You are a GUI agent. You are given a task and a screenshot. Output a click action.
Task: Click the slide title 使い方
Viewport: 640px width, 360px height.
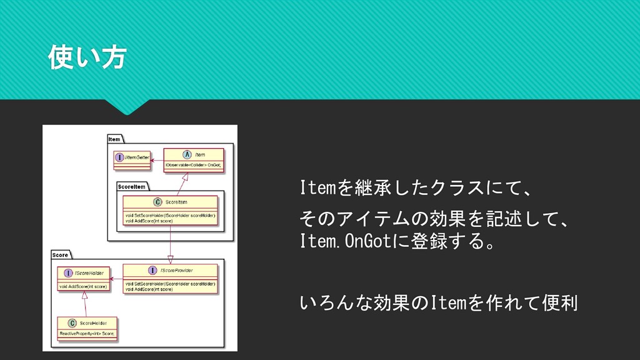coord(87,58)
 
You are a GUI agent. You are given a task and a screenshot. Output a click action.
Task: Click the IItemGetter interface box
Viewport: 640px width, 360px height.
coord(132,158)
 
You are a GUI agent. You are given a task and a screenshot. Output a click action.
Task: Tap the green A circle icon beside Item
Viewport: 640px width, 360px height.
coord(187,154)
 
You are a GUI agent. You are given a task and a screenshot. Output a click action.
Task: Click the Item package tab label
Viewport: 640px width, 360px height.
coord(114,139)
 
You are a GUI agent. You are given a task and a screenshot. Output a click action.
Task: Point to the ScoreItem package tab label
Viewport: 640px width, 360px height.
coord(131,186)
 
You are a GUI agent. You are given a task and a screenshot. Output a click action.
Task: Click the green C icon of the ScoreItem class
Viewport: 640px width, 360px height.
coord(157,202)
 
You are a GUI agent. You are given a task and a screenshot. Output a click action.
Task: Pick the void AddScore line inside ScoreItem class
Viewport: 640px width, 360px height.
coord(149,221)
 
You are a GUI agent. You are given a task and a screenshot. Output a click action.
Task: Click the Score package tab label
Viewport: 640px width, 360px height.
coord(61,255)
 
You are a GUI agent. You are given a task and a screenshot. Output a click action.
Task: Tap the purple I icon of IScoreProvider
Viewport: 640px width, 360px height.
coord(152,270)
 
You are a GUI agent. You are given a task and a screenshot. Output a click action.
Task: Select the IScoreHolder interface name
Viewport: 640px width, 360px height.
coord(89,273)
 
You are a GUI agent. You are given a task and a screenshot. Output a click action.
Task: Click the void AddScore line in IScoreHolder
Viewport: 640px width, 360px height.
coord(83,287)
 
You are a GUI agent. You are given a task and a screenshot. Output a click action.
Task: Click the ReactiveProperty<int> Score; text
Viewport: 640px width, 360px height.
coord(87,334)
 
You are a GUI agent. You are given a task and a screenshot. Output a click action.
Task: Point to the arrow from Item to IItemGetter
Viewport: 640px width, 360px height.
coord(157,159)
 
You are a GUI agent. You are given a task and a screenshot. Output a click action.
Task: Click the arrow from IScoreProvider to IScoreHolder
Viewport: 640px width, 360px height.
coord(116,279)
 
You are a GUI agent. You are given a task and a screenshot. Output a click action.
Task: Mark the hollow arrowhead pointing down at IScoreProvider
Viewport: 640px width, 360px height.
coord(171,258)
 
